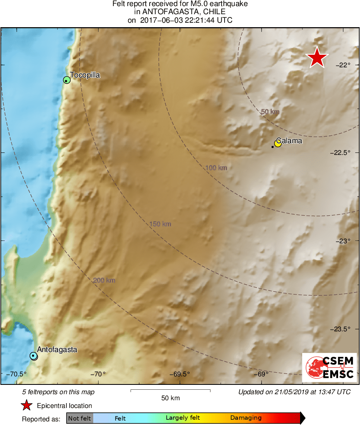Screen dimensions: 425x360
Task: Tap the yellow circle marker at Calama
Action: (x=278, y=143)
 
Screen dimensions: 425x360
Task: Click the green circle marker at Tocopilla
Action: (x=67, y=80)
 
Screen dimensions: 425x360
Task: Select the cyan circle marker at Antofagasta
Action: (x=34, y=356)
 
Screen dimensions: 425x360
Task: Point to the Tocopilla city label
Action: (x=85, y=75)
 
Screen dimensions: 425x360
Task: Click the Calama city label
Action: (x=291, y=141)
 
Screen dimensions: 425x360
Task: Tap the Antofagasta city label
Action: (x=57, y=349)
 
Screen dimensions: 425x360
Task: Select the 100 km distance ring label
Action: (x=216, y=167)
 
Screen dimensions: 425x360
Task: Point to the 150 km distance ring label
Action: (x=160, y=224)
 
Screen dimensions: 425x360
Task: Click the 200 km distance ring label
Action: (x=104, y=280)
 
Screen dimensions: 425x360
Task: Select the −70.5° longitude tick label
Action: (x=18, y=374)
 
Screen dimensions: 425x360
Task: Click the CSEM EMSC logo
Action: (x=329, y=367)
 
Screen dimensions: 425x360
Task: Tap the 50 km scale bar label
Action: (x=170, y=398)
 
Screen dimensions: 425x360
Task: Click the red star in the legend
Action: (x=27, y=405)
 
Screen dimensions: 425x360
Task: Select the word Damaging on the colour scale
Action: (x=246, y=418)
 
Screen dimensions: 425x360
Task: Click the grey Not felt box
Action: (x=79, y=418)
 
